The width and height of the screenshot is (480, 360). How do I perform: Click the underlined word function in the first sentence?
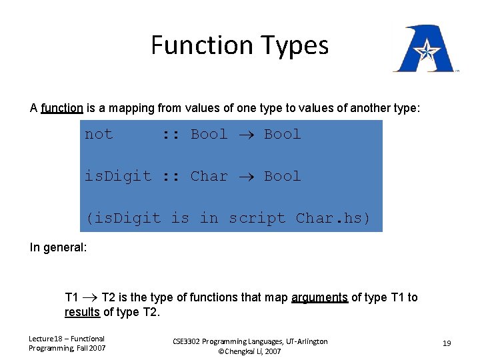(62, 107)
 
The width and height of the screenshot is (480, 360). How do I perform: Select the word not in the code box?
(99, 134)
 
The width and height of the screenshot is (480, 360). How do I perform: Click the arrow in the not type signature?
(245, 135)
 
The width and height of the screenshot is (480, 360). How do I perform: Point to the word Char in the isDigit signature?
(209, 176)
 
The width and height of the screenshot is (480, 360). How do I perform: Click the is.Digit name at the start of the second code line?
(117, 176)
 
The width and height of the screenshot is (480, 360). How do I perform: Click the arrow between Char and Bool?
(245, 177)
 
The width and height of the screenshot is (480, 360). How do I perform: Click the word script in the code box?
(257, 218)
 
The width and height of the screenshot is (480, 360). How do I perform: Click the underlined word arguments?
(320, 297)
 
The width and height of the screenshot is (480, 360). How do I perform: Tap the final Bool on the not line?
(282, 134)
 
